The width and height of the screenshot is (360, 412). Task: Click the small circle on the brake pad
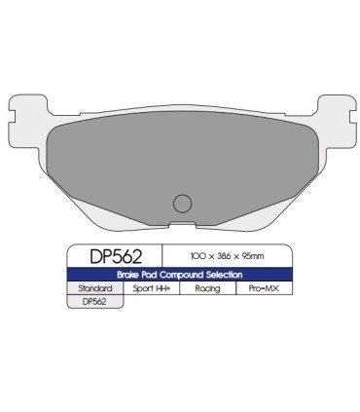[180, 204]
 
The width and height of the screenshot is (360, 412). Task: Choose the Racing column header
[207, 289]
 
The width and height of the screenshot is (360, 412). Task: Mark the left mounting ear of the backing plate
[21, 118]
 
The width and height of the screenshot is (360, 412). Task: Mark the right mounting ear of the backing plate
[340, 118]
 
